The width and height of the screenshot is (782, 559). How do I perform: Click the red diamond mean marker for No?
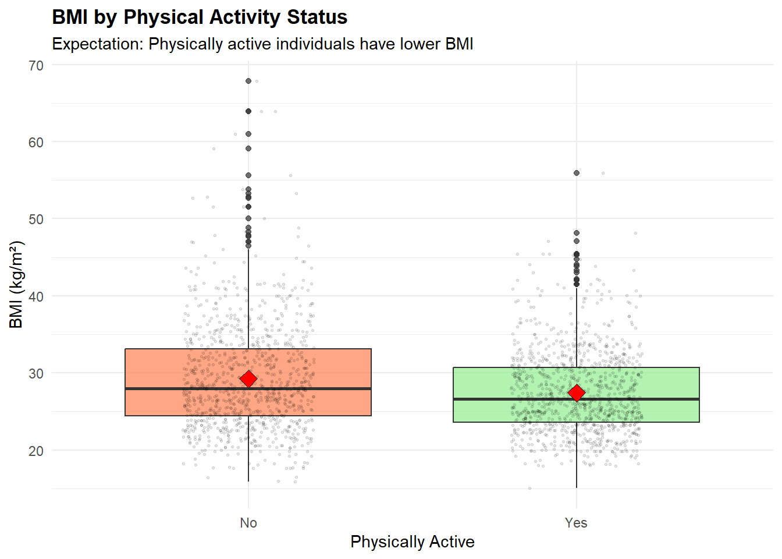tap(248, 379)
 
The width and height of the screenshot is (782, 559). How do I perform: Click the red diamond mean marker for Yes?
tap(576, 393)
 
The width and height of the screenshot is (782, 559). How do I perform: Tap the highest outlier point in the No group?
tap(248, 81)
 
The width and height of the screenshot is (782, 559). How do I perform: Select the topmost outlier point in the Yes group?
tap(577, 173)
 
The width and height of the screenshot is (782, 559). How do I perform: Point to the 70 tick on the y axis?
tap(36, 66)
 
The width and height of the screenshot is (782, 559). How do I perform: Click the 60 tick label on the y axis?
tap(36, 143)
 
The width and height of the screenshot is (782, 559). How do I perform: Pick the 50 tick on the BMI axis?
tap(36, 220)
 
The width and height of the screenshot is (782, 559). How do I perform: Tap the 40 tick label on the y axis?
tap(36, 297)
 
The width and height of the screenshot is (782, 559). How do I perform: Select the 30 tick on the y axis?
tap(36, 374)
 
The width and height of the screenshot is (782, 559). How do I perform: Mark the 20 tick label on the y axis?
tap(36, 451)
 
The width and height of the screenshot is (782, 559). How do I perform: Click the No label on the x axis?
tap(248, 523)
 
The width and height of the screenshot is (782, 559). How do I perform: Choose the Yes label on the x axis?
tap(576, 523)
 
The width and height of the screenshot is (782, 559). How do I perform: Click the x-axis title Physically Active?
tap(412, 542)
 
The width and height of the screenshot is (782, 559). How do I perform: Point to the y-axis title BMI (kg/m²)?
tap(16, 284)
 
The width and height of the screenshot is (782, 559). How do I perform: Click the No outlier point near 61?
tap(248, 134)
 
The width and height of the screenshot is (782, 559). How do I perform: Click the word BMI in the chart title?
tap(70, 17)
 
